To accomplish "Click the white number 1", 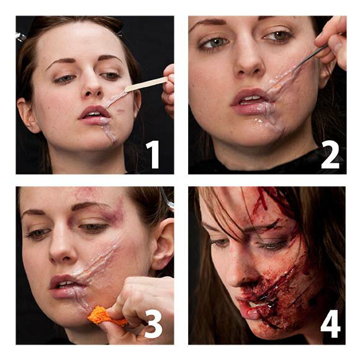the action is point(153,155).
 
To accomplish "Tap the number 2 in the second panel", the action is point(330,155).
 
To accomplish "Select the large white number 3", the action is point(152,324).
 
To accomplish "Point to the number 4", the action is point(330,324).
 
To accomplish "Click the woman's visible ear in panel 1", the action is point(27,115).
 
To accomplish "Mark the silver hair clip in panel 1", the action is point(20,37).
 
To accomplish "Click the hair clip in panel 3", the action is point(167,199).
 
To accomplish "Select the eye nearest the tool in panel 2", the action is point(278,36).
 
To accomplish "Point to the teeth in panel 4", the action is point(257,304).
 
